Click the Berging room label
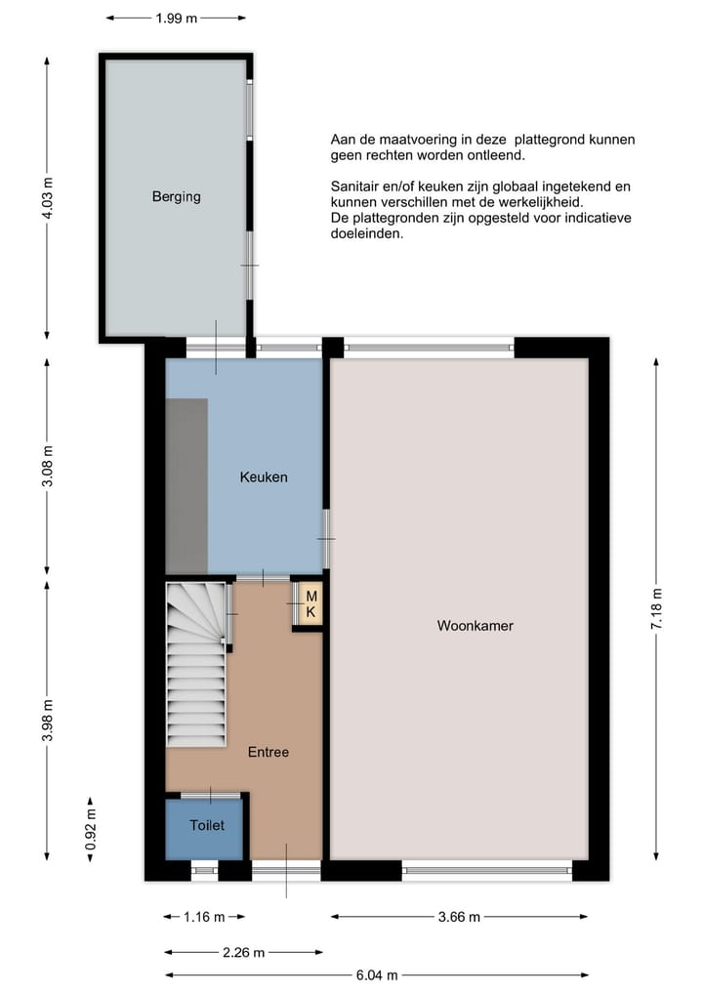[176, 196]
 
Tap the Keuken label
[264, 477]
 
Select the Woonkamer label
[475, 626]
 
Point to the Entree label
[268, 752]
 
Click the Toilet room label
[207, 825]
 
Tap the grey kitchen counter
[186, 485]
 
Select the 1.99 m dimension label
[177, 18]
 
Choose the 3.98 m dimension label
[47, 720]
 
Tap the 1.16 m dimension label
[204, 917]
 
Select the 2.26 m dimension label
[243, 951]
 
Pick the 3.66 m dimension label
[459, 917]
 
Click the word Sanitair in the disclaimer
[355, 186]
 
